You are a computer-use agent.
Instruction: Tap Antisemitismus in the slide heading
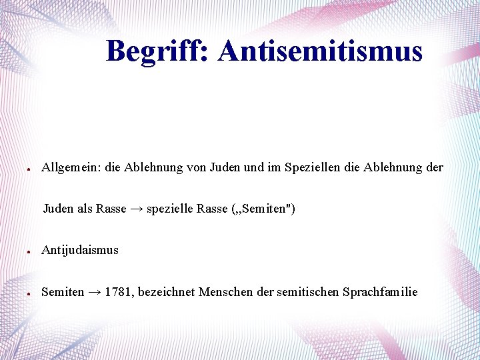tap(320, 51)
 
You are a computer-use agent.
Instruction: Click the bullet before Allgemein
tap(24, 169)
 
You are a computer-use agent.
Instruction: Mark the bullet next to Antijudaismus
tap(24, 252)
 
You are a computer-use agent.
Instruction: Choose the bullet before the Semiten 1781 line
tap(24, 293)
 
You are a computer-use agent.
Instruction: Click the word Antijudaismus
tap(80, 251)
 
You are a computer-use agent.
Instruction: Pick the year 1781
tap(117, 292)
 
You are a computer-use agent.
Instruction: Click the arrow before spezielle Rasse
tap(136, 209)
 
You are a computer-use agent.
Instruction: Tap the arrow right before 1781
tap(94, 292)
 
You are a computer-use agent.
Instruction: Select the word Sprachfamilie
tap(380, 292)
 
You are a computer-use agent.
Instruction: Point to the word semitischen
tap(308, 292)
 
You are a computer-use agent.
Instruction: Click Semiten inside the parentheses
tap(261, 209)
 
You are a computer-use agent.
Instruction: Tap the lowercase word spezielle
tap(169, 209)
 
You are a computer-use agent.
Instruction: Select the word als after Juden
tap(85, 209)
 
